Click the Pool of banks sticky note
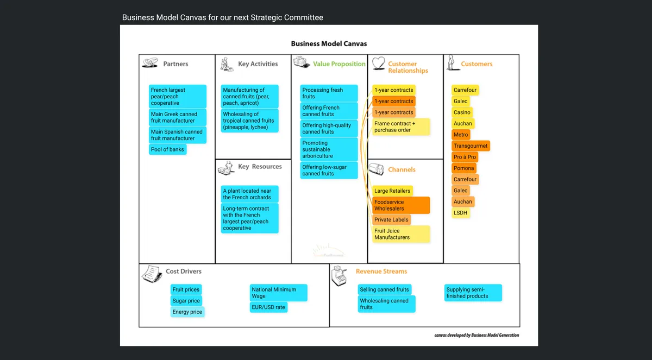pos(168,149)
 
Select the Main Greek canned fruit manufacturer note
pos(178,117)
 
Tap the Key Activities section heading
pos(258,64)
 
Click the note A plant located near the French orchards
pos(250,194)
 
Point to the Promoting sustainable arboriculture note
pos(329,149)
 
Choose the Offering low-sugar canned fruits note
pos(329,170)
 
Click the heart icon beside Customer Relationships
pos(379,64)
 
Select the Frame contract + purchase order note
pos(401,127)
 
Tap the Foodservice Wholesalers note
pos(401,205)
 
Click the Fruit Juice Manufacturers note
pos(401,234)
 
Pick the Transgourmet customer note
pos(471,146)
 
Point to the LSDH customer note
pos(460,213)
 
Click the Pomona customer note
pos(464,168)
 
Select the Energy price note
pos(187,312)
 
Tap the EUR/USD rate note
pos(268,307)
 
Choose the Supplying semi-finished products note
pos(473,293)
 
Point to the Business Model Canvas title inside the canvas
pos(329,44)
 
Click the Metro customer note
pos(461,135)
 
